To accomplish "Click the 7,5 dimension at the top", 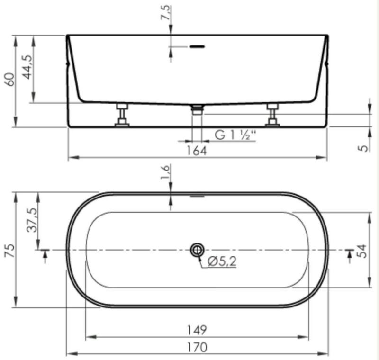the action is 166,13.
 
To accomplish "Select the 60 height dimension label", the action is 10,79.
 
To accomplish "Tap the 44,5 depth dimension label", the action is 27,67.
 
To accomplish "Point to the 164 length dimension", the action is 197,151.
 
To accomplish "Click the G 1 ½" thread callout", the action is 235,135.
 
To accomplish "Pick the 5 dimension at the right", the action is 363,148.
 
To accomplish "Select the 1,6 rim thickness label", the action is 166,172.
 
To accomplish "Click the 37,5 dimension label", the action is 32,220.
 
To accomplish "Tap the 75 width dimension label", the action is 10,251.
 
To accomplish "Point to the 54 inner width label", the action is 361,251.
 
